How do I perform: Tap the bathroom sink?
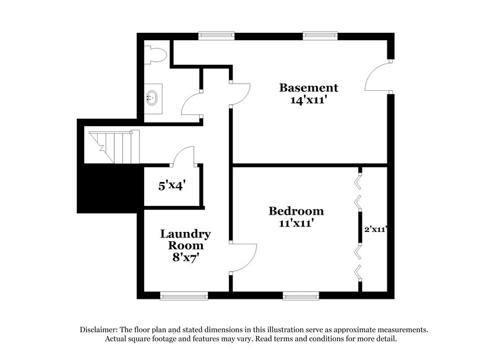coord(151,97)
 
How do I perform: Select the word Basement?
coord(308,87)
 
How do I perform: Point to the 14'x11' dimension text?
coord(308,100)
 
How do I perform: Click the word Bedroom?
coord(296,211)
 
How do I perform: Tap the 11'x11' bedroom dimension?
coord(296,223)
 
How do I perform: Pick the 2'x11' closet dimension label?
coord(375,229)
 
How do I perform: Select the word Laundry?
coord(186,234)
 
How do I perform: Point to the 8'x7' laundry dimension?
coord(186,256)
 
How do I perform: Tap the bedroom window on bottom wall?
coord(301,296)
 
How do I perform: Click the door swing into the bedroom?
coord(244,256)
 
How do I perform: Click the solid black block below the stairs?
coord(109,189)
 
